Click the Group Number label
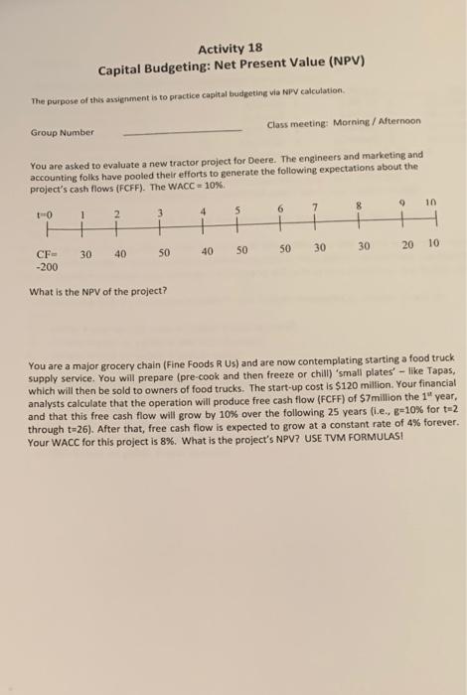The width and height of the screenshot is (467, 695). pyautogui.click(x=63, y=132)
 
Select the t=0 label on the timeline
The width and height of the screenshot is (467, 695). pyautogui.click(x=42, y=212)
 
